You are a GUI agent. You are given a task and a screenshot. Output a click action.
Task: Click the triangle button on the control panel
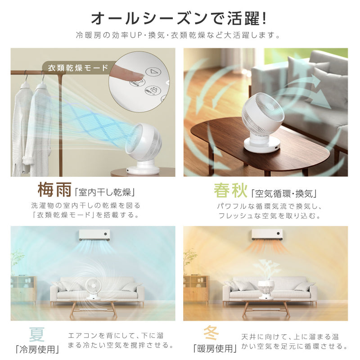pyautogui.click(x=155, y=72)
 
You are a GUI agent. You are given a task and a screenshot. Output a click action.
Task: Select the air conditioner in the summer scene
pyautogui.click(x=94, y=234)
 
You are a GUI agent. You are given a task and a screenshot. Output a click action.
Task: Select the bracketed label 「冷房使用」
pyautogui.click(x=37, y=349)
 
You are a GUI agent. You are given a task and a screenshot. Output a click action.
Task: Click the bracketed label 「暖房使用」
pyautogui.click(x=214, y=349)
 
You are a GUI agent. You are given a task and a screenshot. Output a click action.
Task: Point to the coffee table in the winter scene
pyautogui.click(x=265, y=305)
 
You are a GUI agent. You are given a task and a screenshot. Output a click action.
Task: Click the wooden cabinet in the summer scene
pyautogui.click(x=23, y=288)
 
